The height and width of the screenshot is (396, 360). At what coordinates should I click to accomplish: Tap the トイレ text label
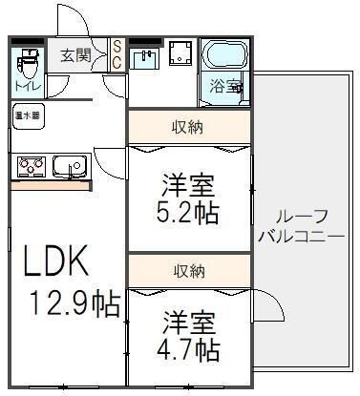pyautogui.click(x=26, y=88)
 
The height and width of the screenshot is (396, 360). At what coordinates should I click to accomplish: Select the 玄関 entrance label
pyautogui.click(x=76, y=55)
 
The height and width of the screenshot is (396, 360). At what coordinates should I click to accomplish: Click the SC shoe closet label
pyautogui.click(x=116, y=54)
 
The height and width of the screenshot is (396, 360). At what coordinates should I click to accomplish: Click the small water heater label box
pyautogui.click(x=28, y=115)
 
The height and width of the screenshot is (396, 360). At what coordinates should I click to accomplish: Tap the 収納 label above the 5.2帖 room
pyautogui.click(x=188, y=126)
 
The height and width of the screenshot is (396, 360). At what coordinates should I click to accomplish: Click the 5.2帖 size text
pyautogui.click(x=188, y=212)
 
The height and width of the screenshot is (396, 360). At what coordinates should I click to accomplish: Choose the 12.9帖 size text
pyautogui.click(x=72, y=305)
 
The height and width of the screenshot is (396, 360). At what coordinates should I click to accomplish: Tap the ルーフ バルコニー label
pyautogui.click(x=300, y=225)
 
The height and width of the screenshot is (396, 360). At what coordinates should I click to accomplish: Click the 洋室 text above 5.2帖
pyautogui.click(x=188, y=181)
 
